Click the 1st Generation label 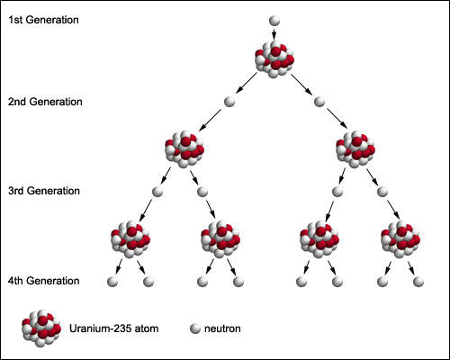(43, 20)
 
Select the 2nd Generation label (45, 102)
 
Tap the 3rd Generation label (44, 191)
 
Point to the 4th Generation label (44, 281)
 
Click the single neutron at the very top (274, 21)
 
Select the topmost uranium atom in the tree (274, 59)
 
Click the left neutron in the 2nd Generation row (229, 102)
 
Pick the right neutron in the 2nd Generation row (319, 102)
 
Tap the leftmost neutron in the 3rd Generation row (157, 192)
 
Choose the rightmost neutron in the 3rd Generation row (382, 192)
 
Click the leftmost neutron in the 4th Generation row (112, 282)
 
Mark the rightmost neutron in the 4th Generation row (418, 282)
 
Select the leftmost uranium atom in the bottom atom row (130, 239)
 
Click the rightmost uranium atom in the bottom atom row (400, 239)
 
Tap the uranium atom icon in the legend (41, 328)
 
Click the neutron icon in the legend (195, 328)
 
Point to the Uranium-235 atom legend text (114, 328)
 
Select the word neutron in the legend (222, 328)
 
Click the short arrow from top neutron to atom (274, 34)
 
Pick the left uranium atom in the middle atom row (184, 149)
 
